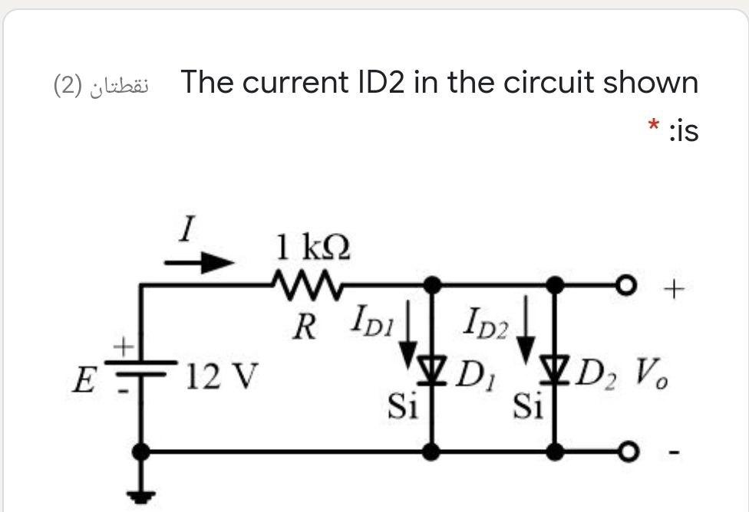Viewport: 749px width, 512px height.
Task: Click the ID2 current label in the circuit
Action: click(x=487, y=321)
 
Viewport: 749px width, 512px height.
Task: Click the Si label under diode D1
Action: click(x=402, y=405)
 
